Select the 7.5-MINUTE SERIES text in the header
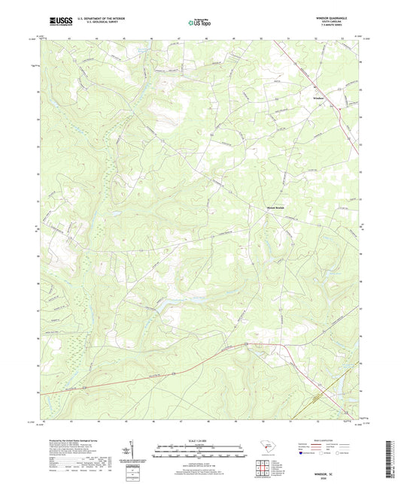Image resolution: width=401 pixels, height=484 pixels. pyautogui.click(x=336, y=28)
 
